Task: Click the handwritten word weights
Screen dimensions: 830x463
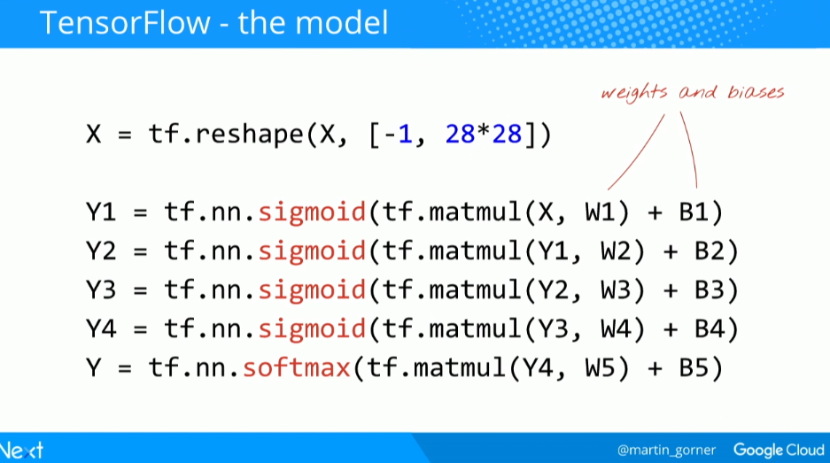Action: click(636, 92)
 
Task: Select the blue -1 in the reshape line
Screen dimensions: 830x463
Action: click(398, 135)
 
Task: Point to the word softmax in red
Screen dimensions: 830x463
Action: click(297, 367)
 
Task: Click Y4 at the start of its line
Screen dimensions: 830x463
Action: click(103, 328)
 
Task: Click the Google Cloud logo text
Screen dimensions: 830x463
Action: click(779, 450)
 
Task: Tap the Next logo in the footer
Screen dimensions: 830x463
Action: click(21, 450)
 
